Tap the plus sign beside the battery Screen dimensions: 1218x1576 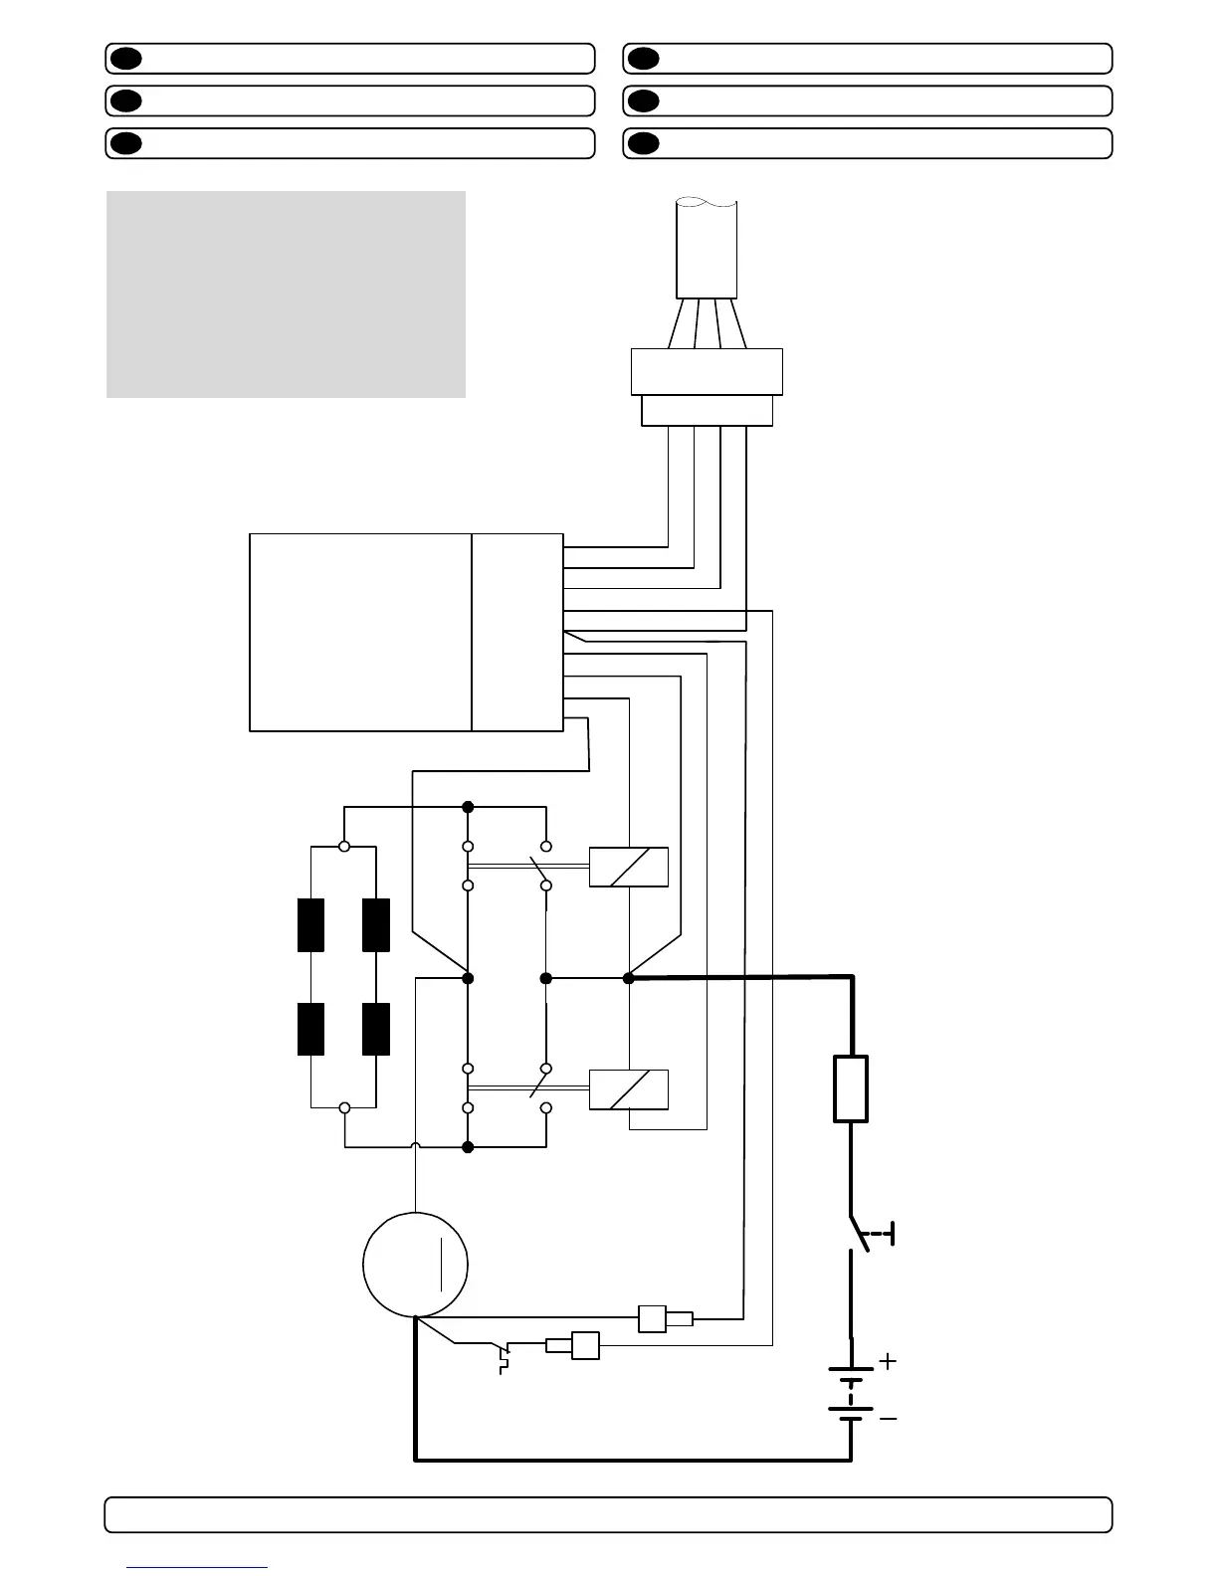[888, 1360]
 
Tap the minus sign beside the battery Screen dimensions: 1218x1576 [888, 1418]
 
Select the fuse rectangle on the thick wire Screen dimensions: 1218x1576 [850, 1089]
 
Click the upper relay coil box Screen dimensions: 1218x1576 [629, 867]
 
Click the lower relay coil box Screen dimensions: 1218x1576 [629, 1088]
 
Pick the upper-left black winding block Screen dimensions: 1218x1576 [311, 924]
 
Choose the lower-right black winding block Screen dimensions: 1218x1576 [376, 1029]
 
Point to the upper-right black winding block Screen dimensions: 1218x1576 [376, 924]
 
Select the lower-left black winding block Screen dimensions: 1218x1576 [311, 1029]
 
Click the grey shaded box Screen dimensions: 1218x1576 [286, 295]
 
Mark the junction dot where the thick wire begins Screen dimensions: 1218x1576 [629, 978]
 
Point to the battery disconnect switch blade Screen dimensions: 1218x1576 [860, 1234]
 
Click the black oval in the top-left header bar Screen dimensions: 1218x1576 [126, 59]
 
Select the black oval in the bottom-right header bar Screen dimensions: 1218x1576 [644, 143]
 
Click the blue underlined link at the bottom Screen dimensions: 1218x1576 [197, 1566]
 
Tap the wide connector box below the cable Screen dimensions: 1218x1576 [707, 372]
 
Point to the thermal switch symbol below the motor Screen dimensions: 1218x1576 [504, 1356]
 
